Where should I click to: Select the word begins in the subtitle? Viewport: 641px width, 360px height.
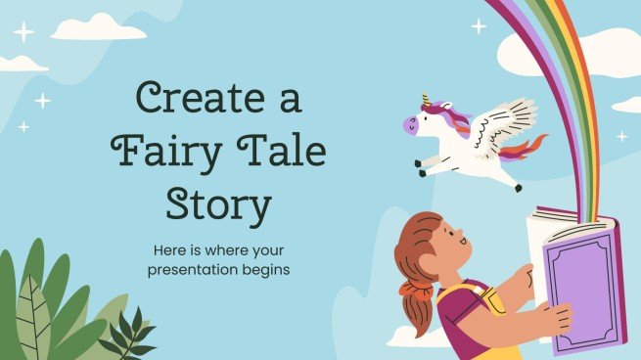(264, 268)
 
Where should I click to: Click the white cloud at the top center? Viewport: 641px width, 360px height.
(98, 28)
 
